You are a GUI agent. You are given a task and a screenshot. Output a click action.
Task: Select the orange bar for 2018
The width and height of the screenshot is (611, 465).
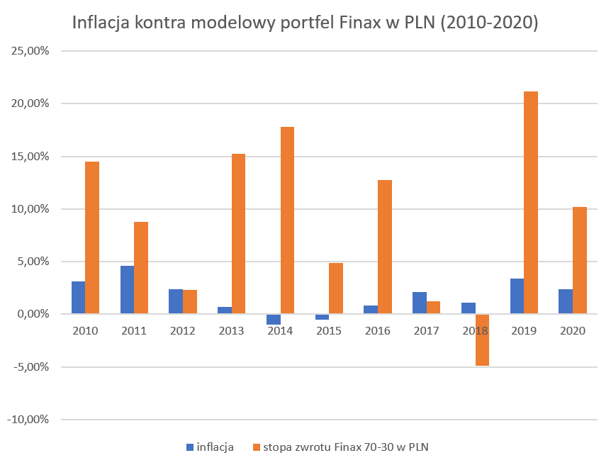coord(482,340)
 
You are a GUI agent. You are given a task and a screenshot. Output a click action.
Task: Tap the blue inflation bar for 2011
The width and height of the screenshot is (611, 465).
coord(127,290)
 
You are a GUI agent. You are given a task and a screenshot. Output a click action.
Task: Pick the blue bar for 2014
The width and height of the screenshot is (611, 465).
coord(274,320)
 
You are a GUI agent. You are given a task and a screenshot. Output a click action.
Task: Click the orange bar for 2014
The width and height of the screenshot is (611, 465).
coord(287,220)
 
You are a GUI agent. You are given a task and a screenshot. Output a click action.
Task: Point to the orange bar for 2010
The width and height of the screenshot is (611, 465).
coord(92,237)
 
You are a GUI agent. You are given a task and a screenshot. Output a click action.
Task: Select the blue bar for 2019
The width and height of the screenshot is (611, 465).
coord(517,296)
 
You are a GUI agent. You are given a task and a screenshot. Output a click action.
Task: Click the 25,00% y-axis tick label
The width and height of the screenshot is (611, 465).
coord(28,51)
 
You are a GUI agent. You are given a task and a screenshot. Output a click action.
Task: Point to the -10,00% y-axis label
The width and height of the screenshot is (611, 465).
coord(27,420)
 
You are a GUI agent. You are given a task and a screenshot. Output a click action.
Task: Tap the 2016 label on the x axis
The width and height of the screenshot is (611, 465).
coord(377,331)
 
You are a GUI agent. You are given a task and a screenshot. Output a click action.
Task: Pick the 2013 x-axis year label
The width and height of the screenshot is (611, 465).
coord(231,331)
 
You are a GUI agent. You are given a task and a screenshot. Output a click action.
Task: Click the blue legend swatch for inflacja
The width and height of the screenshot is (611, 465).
coord(189,447)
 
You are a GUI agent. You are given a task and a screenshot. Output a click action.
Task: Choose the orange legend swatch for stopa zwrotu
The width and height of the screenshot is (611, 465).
coord(256,447)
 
